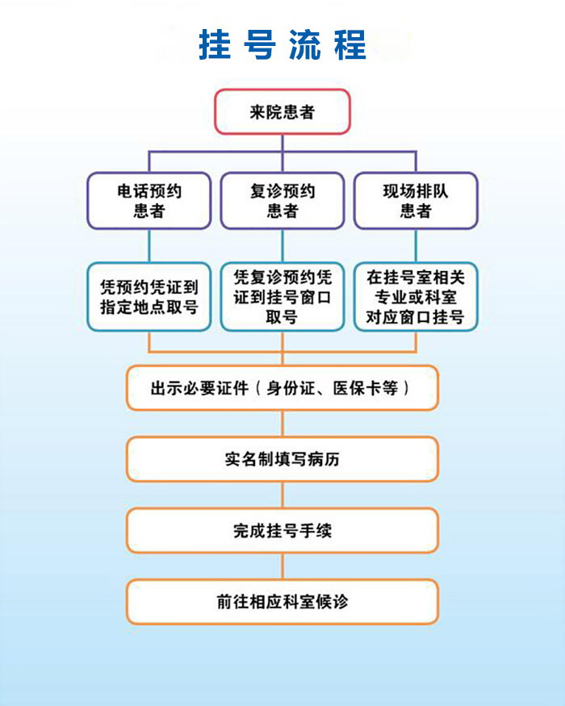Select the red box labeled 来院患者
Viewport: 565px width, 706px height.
[282, 111]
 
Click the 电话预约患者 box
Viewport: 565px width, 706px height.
[149, 201]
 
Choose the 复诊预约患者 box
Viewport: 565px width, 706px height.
[282, 201]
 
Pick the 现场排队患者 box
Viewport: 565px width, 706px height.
[416, 201]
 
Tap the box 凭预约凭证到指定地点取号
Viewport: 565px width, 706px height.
[149, 297]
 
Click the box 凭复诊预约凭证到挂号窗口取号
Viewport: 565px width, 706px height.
[282, 297]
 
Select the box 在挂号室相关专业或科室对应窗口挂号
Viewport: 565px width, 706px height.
[416, 297]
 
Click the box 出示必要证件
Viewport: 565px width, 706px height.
[282, 388]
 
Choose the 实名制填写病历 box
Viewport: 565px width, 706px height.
[282, 459]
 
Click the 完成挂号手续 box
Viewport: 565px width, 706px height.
[282, 530]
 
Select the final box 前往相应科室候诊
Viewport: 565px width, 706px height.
[282, 602]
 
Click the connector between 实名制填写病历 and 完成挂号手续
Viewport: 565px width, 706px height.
[282, 495]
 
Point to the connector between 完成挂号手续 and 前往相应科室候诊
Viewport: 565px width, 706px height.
[282, 566]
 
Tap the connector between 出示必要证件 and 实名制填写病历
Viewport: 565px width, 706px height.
[282, 424]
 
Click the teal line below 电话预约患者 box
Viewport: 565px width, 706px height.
[149, 245]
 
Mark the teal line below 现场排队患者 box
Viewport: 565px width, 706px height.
[416, 245]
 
